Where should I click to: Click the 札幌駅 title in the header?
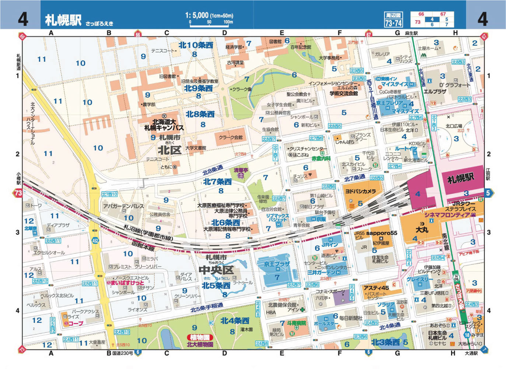[63, 20]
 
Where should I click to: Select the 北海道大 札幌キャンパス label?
[164, 125]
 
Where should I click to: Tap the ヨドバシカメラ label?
[360, 191]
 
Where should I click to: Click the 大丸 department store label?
[422, 230]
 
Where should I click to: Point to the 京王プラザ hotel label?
[277, 264]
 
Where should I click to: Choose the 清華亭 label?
[241, 170]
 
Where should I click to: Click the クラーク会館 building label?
[231, 137]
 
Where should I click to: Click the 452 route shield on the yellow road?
[95, 241]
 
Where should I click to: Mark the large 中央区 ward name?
[216, 270]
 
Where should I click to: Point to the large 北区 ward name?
[170, 150]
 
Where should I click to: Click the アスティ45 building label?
[376, 288]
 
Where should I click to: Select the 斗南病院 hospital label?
[297, 323]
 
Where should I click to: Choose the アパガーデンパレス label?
[123, 206]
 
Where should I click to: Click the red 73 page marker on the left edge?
[18, 193]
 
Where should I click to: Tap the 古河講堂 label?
[235, 63]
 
